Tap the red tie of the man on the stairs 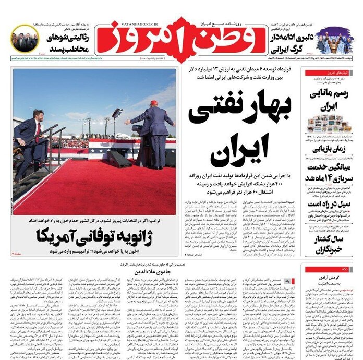point(38,130)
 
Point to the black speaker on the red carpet point(119,159)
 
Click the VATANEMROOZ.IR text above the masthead point(138,23)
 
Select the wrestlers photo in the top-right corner point(334,41)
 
